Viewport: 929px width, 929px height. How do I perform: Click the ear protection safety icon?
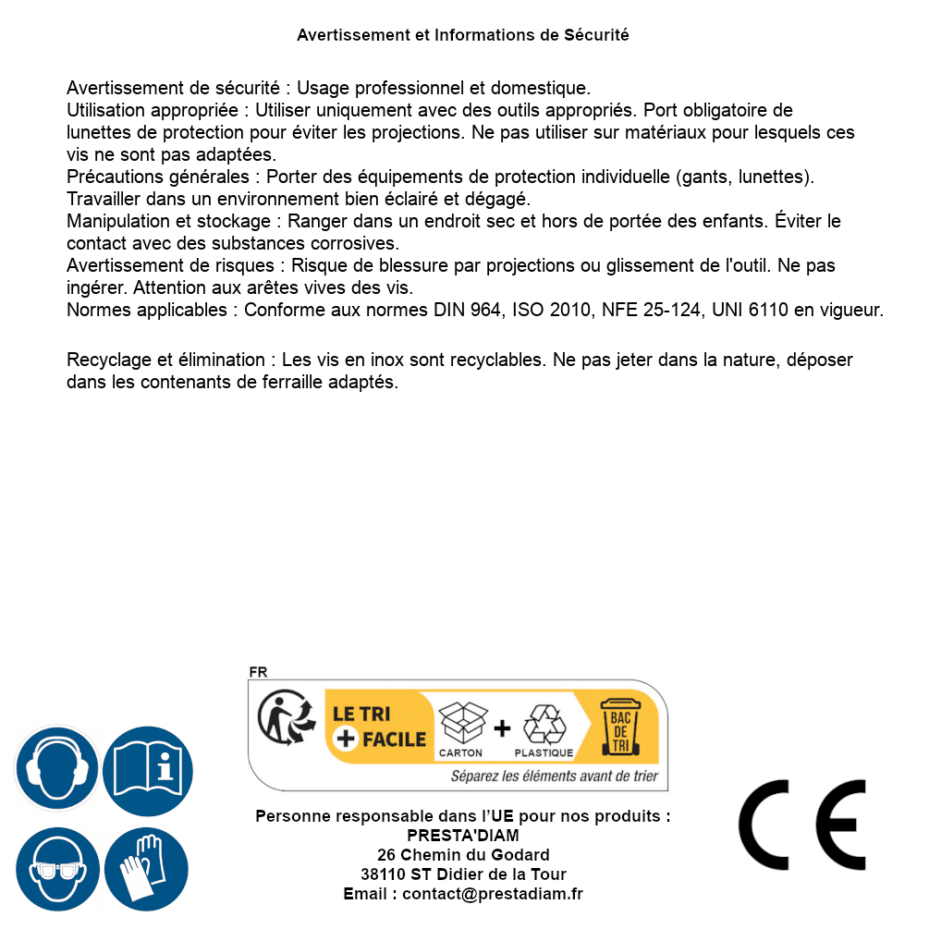click(x=56, y=768)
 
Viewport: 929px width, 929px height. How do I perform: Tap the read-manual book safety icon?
click(x=148, y=768)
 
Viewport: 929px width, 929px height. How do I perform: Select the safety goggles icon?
click(x=56, y=869)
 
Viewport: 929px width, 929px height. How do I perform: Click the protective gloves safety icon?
click(x=148, y=869)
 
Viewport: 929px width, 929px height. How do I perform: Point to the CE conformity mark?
click(x=802, y=825)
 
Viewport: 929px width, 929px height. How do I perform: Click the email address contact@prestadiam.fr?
click(x=493, y=894)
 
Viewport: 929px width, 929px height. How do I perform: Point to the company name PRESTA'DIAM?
click(x=463, y=836)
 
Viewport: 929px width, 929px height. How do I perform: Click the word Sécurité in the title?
click(x=596, y=35)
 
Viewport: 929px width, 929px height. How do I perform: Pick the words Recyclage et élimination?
click(x=166, y=359)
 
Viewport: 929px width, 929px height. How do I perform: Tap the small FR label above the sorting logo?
click(x=258, y=673)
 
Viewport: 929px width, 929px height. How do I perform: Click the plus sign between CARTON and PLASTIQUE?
click(x=502, y=728)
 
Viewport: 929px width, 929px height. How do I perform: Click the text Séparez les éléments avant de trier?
click(x=555, y=776)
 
